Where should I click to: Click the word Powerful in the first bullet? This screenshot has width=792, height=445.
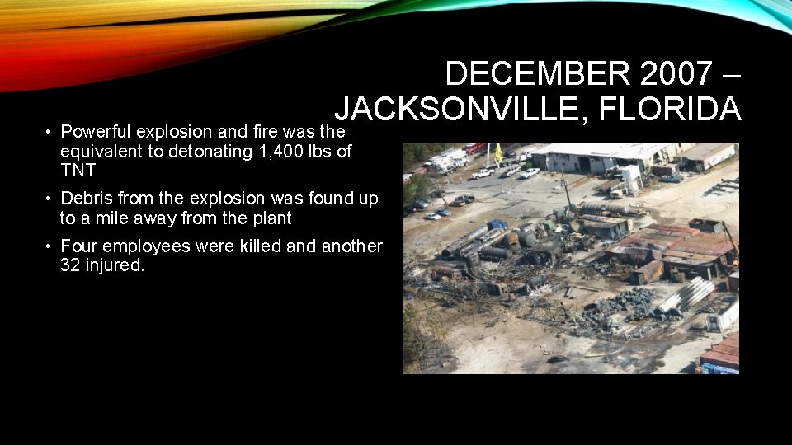[96, 132]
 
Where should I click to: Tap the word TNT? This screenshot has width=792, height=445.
[78, 171]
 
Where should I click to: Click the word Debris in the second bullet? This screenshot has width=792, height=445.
[85, 199]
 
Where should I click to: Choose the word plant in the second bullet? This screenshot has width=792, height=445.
[272, 218]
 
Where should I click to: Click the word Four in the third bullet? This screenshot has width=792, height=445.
[78, 246]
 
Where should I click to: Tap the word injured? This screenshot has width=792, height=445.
[116, 266]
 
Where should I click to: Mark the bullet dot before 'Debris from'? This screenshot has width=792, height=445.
[49, 199]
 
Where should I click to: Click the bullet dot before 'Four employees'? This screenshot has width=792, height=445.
[49, 247]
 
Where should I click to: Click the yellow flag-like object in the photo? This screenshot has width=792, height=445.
[498, 152]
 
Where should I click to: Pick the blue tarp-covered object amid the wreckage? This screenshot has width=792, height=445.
[498, 224]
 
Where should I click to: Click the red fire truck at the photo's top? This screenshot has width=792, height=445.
[474, 148]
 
